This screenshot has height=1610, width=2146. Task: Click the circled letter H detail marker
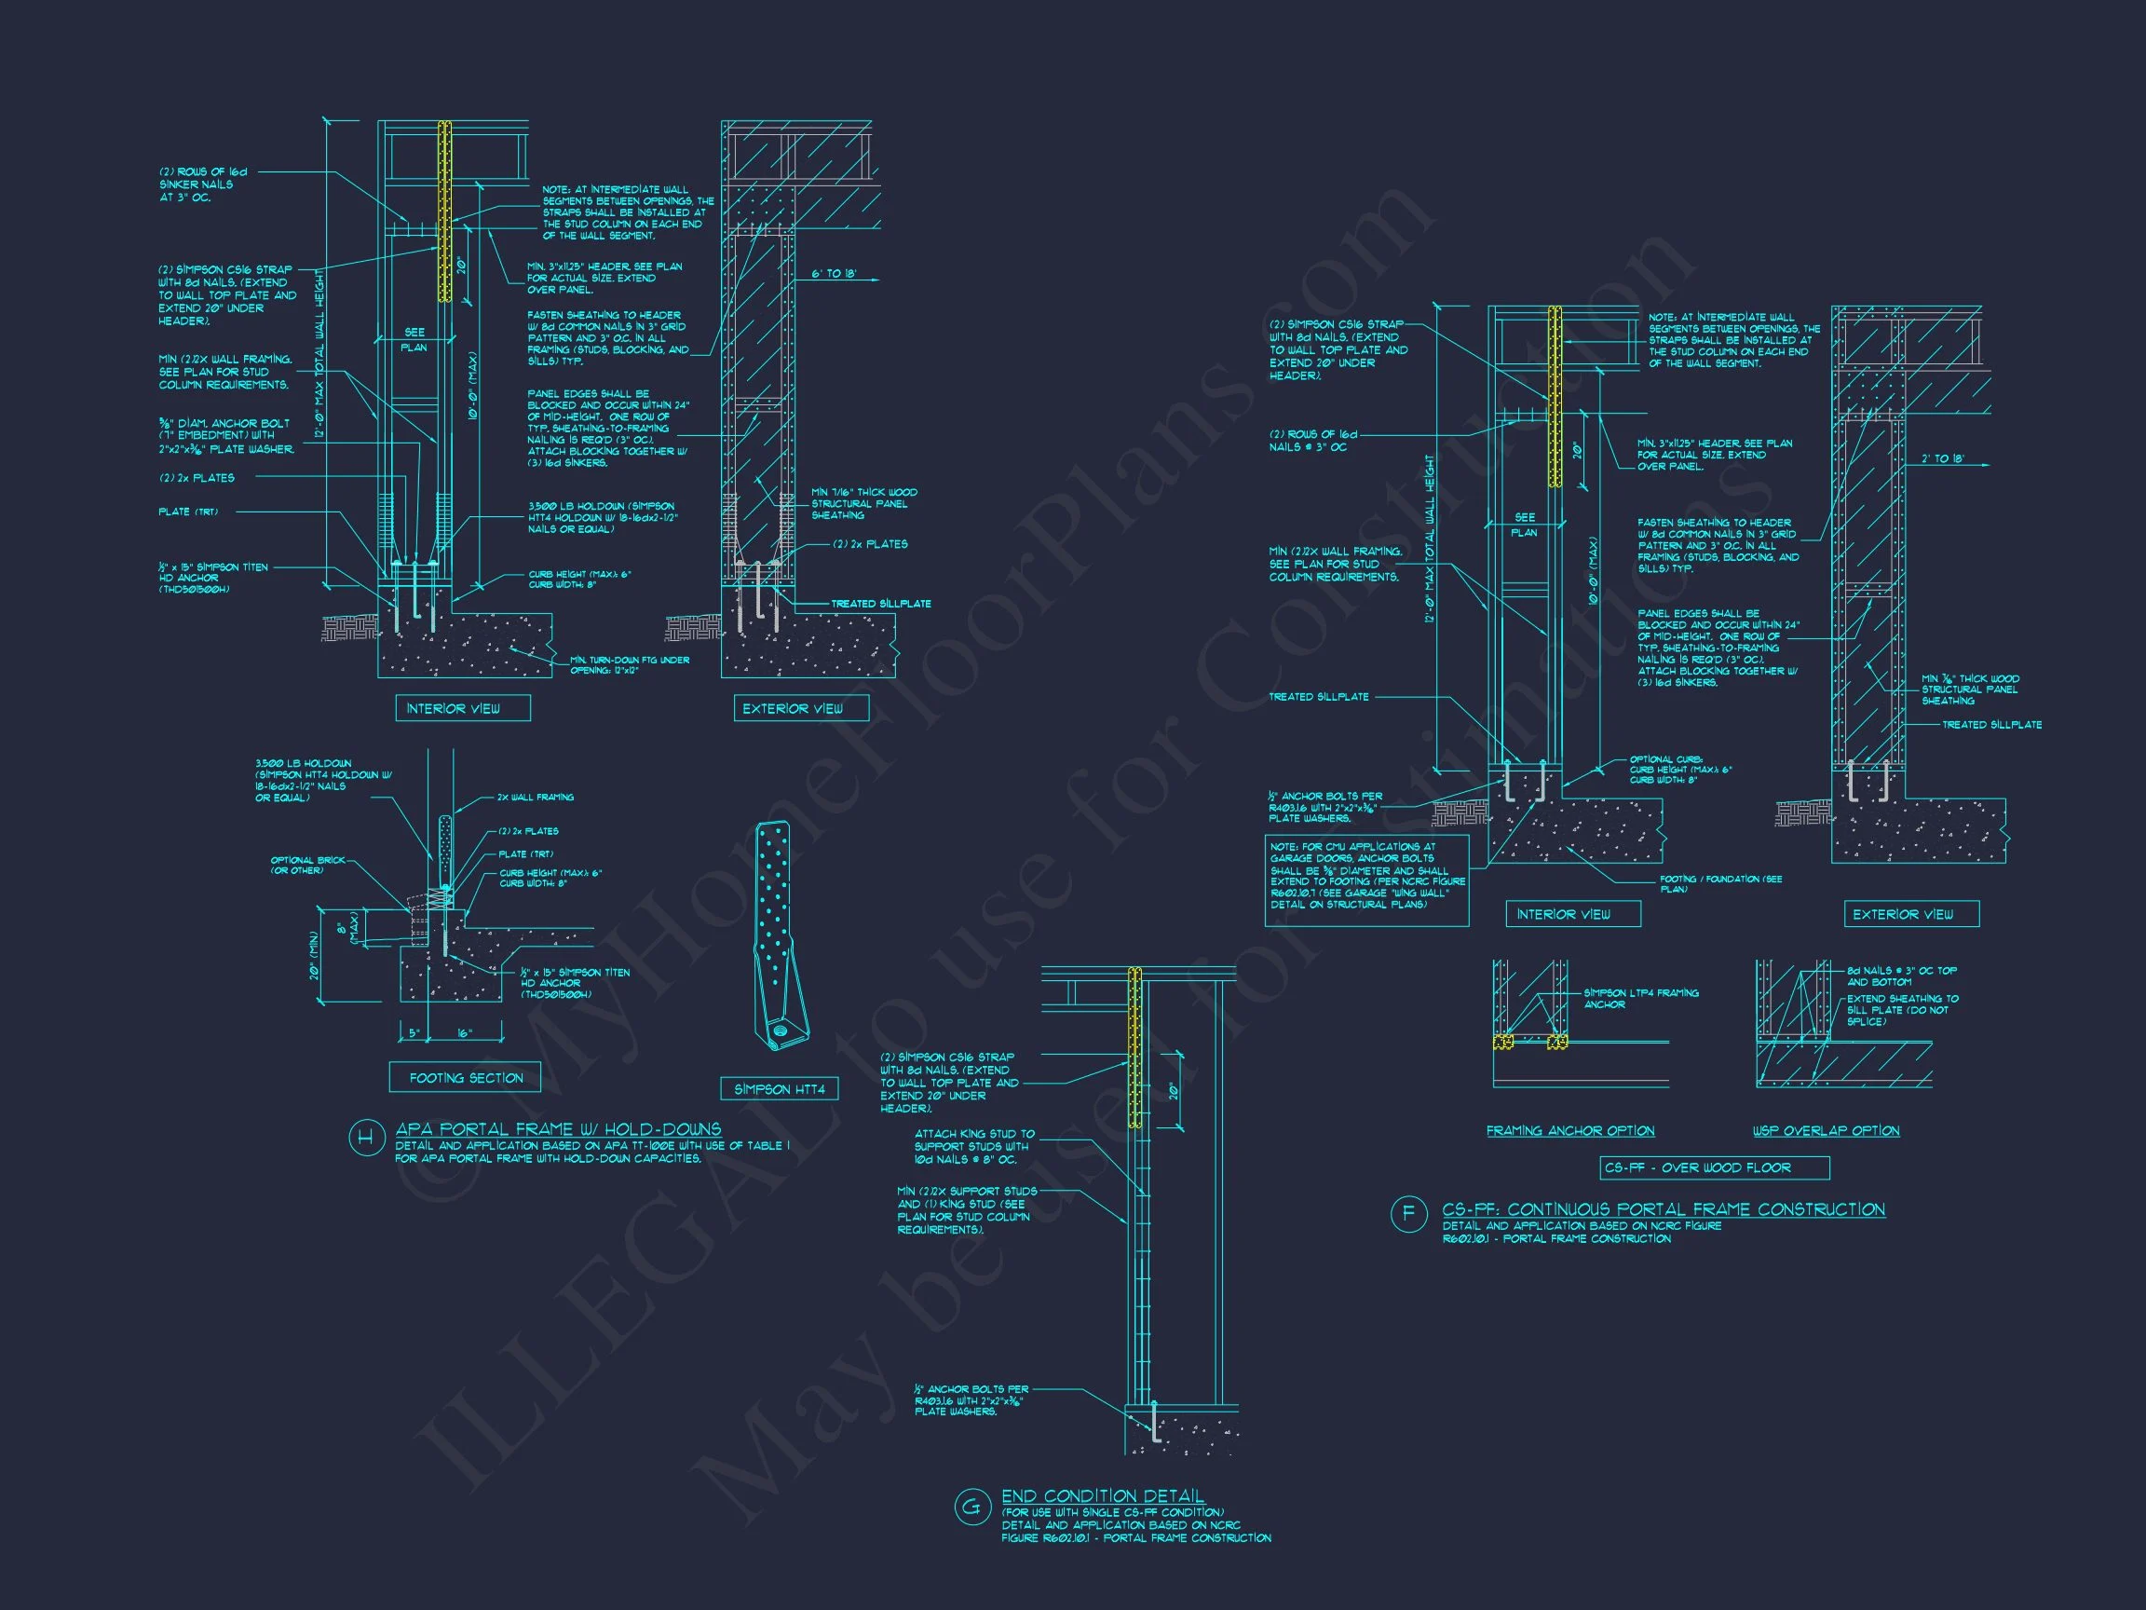coord(365,1138)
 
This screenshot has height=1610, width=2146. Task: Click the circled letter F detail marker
coord(1407,1215)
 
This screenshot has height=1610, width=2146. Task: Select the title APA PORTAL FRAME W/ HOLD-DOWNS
coord(558,1128)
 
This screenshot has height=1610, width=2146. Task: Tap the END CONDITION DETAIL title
coord(1102,1495)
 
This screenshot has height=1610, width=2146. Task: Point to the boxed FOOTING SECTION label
coord(466,1078)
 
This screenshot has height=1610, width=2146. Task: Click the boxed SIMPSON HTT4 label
coord(779,1089)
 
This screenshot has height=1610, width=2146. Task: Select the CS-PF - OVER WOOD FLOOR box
coord(1697,1167)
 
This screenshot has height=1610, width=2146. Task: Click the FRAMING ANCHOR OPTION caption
coord(1569,1130)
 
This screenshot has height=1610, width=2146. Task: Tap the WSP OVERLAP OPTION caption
coord(1826,1130)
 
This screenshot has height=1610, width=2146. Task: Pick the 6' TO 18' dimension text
coord(834,275)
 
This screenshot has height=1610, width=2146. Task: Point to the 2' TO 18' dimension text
coord(1943,458)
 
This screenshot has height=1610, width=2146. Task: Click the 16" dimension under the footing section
coord(464,1034)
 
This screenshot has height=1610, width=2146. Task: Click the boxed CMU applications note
coord(1367,876)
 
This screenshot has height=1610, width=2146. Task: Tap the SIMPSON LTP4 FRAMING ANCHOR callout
coord(1640,999)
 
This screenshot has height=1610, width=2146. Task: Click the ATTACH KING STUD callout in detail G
coord(974,1146)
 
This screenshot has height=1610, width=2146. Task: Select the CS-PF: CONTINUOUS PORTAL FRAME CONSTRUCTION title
coord(1663,1209)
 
